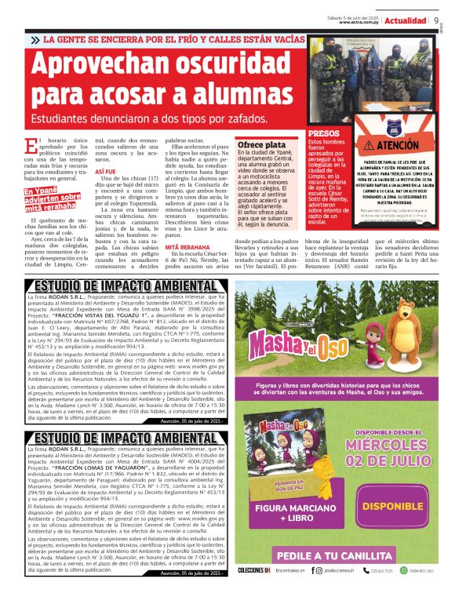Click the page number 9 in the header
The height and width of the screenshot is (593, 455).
pos(435,20)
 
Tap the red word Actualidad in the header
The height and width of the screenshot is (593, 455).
pos(406,20)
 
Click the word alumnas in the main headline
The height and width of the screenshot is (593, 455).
pos(210,100)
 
